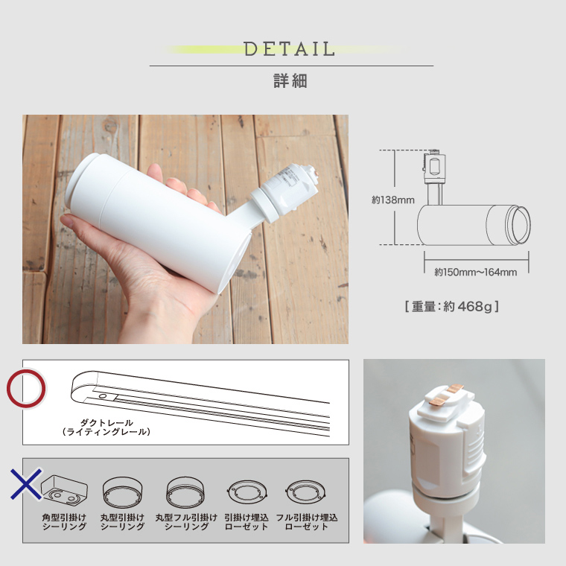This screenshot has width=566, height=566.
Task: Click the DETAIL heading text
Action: coord(290,50)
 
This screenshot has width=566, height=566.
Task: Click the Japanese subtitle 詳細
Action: coord(290,81)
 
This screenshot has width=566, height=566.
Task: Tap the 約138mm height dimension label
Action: coord(392,200)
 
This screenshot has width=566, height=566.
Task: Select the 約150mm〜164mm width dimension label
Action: coord(476,272)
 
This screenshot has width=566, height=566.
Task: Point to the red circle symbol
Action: coord(27,389)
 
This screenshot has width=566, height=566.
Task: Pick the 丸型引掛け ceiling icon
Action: coord(122,491)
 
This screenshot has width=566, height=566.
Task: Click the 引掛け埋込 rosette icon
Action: coord(245,492)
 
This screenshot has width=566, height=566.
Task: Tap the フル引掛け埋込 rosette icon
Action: coord(306,492)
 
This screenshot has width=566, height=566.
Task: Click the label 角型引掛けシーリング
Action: coord(64,521)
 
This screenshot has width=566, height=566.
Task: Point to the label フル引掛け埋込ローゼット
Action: coord(307,521)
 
